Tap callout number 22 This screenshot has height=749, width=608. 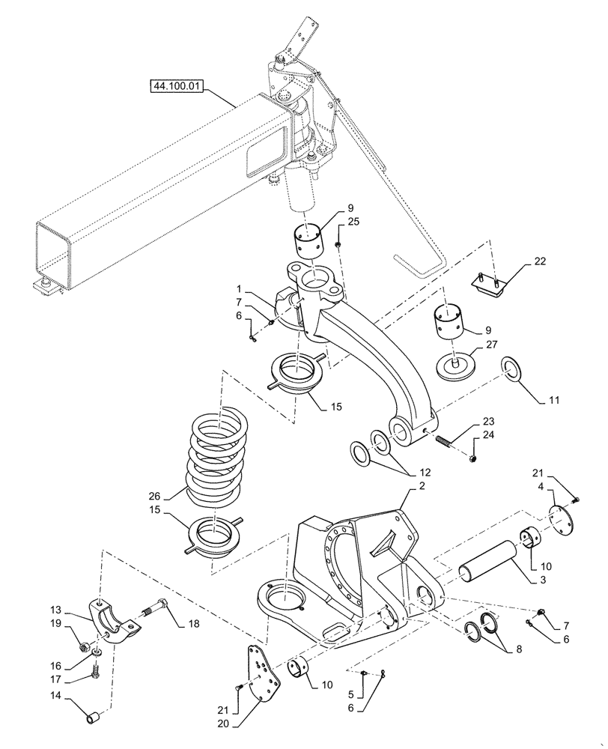pos(540,261)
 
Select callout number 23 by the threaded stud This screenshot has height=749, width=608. pos(489,421)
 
